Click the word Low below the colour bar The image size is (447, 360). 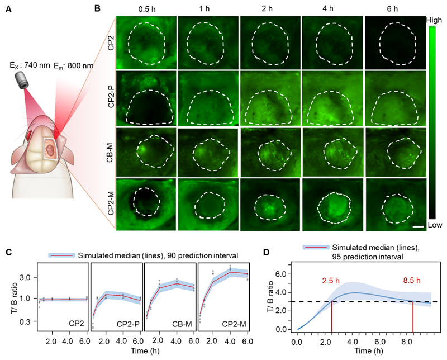coord(434,225)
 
